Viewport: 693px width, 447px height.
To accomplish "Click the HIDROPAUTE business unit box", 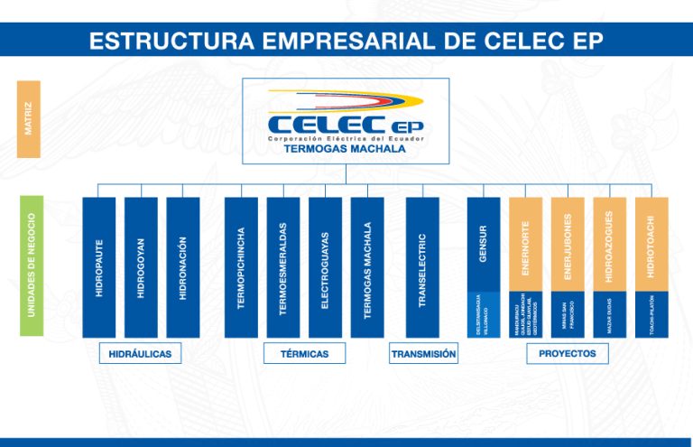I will [x=98, y=267].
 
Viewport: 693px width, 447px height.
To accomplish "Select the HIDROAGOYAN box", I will [x=141, y=267].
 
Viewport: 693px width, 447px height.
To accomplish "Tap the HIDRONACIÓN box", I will [x=182, y=267].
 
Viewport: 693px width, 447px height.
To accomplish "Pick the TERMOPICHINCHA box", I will [x=241, y=267].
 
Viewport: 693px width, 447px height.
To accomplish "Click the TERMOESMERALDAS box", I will [x=283, y=267].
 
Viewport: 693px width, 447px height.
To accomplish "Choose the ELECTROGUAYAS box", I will [x=325, y=267].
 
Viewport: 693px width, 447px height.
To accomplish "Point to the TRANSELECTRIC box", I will [x=422, y=267].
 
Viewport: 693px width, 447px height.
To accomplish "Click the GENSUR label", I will [x=483, y=244].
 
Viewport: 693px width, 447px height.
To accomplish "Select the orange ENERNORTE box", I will [x=525, y=244].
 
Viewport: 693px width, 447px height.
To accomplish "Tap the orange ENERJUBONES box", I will [x=568, y=244].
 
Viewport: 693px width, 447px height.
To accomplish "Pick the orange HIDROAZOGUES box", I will [x=609, y=244].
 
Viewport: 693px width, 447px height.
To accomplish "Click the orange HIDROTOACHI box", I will [x=651, y=244].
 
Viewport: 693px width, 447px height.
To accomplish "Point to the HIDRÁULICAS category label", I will [x=140, y=354].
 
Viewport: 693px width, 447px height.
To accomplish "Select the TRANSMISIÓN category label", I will [x=423, y=354].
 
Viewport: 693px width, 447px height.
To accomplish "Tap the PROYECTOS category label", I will [x=567, y=354].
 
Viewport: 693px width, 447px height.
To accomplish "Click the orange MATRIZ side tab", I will [x=28, y=119].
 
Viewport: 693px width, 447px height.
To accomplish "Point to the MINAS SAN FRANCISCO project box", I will [x=568, y=314].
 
